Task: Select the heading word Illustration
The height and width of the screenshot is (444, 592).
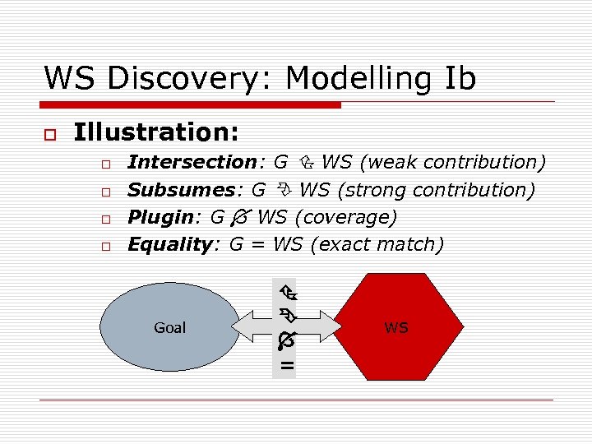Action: (x=156, y=132)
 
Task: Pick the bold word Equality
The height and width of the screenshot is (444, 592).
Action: (x=170, y=244)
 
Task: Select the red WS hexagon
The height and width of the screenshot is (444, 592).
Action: (x=395, y=327)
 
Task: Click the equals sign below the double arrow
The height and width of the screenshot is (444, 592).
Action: (x=286, y=365)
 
